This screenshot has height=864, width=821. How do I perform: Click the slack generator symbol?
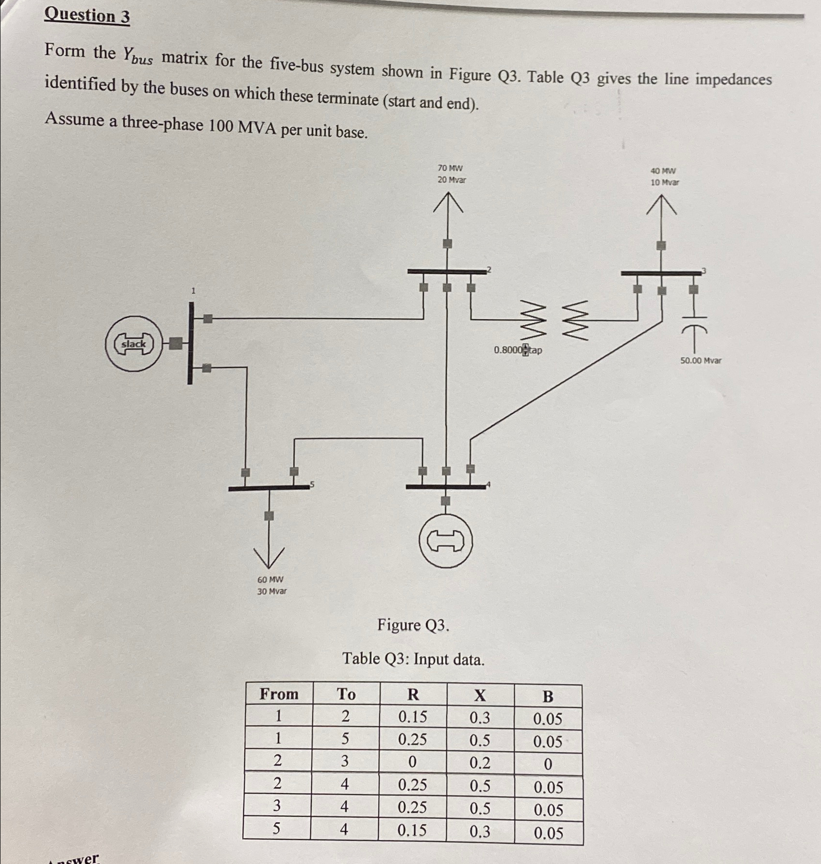point(133,344)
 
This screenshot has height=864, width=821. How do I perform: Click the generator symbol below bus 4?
point(446,541)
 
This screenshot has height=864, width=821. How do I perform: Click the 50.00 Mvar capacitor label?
point(700,360)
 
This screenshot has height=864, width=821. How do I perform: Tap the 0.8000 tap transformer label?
point(518,350)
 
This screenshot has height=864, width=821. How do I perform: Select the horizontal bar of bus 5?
point(268,487)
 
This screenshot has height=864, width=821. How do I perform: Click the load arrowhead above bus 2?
point(448,202)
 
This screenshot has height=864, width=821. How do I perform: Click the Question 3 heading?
point(87,16)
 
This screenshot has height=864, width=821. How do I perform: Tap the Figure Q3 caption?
point(413,625)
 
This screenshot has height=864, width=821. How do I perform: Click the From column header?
point(279,694)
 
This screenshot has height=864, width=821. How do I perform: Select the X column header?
point(480,695)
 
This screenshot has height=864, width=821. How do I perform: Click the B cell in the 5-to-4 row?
point(548,833)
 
